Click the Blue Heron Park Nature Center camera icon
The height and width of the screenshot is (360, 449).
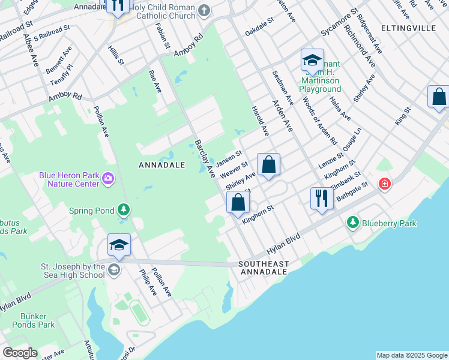point(108,178)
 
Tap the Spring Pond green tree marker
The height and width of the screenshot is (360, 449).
point(124,210)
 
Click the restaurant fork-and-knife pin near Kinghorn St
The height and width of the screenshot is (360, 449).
point(322,197)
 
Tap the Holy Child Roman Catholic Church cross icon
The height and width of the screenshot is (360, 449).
point(203,10)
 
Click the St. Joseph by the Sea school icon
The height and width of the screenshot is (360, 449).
point(113,269)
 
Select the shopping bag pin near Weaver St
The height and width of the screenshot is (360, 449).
point(269,164)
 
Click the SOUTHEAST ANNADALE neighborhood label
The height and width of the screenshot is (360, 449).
point(264,268)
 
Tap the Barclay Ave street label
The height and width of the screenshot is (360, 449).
point(204,159)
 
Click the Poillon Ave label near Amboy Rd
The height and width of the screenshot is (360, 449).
point(101,122)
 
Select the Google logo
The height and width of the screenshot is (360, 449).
point(19,353)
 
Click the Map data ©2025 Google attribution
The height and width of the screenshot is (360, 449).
point(412,355)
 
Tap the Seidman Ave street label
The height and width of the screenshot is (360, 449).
point(283,86)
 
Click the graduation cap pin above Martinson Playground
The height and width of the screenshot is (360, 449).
point(312,60)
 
